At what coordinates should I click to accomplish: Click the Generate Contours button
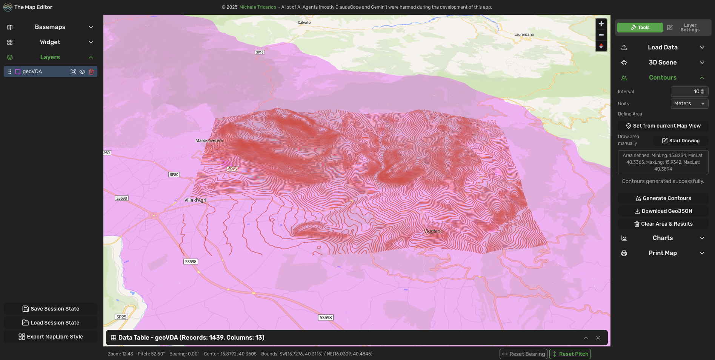(x=663, y=198)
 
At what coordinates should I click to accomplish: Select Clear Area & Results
(x=663, y=224)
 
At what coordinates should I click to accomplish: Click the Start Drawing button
(x=680, y=141)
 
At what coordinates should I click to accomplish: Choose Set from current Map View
(x=663, y=126)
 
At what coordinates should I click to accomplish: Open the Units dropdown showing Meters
(x=689, y=103)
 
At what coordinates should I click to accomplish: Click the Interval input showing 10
(x=687, y=91)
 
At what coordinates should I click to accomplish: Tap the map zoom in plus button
(x=601, y=24)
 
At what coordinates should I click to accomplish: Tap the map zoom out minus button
(x=601, y=35)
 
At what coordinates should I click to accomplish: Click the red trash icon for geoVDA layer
(x=91, y=72)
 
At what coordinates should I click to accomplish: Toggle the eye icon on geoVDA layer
(x=82, y=72)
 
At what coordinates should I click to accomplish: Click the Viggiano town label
(x=433, y=231)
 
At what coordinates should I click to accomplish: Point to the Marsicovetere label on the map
(x=209, y=140)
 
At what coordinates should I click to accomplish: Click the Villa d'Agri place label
(x=195, y=200)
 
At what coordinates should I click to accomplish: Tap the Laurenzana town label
(x=524, y=34)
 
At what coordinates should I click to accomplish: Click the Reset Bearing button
(x=523, y=354)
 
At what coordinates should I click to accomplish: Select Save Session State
(x=51, y=309)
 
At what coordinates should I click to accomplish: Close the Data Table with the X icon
(x=598, y=338)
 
